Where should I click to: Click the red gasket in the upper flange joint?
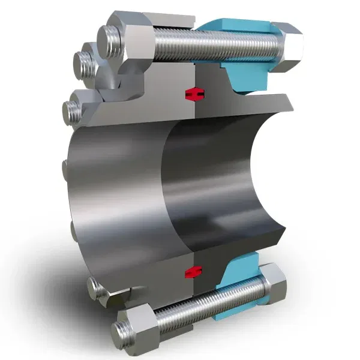pos(193,94)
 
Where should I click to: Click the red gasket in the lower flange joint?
pos(193,271)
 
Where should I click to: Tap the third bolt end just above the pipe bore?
pos(73,112)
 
